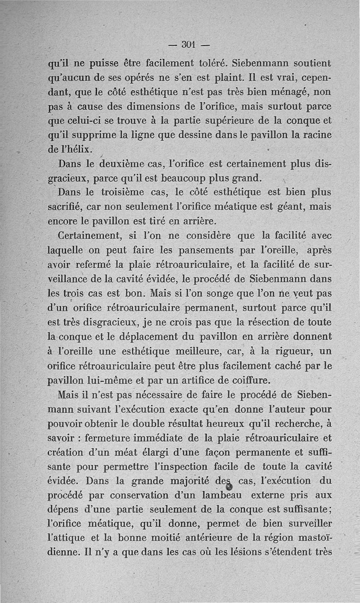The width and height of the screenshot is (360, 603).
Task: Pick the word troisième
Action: (x=125, y=192)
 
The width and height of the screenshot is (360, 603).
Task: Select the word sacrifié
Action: (x=64, y=207)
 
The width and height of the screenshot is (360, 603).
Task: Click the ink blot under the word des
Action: (x=228, y=487)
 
